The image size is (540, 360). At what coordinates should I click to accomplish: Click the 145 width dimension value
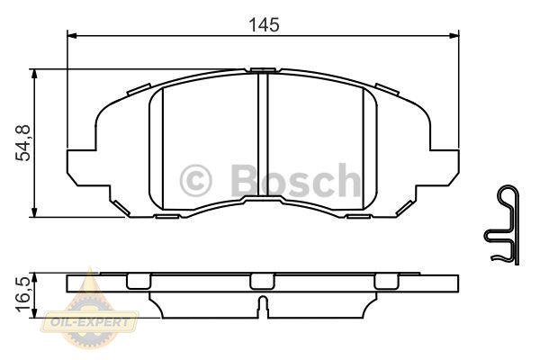click(264, 25)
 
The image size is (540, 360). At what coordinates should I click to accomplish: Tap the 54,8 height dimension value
click(23, 143)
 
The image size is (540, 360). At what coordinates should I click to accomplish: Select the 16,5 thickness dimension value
click(23, 294)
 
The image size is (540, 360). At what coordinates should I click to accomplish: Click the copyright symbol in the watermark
click(195, 181)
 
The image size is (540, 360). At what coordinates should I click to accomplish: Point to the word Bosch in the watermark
click(296, 180)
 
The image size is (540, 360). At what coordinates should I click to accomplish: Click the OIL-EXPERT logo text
click(89, 323)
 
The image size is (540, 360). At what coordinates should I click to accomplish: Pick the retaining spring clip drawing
click(502, 225)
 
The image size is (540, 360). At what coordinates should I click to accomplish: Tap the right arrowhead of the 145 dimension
click(454, 35)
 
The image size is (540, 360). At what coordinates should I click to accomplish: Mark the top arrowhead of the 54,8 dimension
click(34, 74)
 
